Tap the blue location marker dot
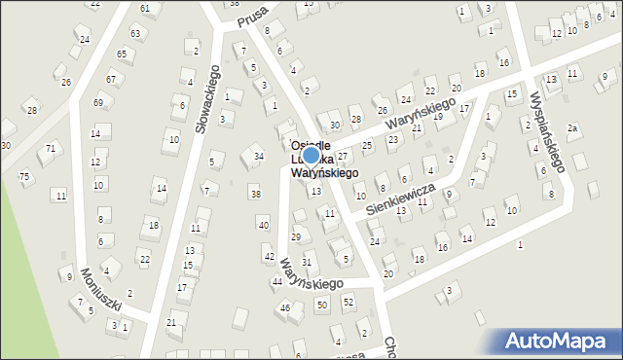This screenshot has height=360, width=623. (311, 155)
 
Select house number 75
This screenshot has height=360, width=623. (24, 176)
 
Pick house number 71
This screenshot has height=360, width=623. (50, 148)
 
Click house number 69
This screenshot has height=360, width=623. (98, 102)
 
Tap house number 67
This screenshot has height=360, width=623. (111, 79)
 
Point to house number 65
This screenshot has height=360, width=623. (122, 54)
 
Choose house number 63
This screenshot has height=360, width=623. (134, 33)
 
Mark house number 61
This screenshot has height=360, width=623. (145, 8)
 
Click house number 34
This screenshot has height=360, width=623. (258, 156)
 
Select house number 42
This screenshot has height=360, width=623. (269, 256)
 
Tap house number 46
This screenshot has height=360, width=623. (285, 307)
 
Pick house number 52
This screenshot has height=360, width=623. (348, 303)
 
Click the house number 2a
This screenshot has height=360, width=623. (573, 128)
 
